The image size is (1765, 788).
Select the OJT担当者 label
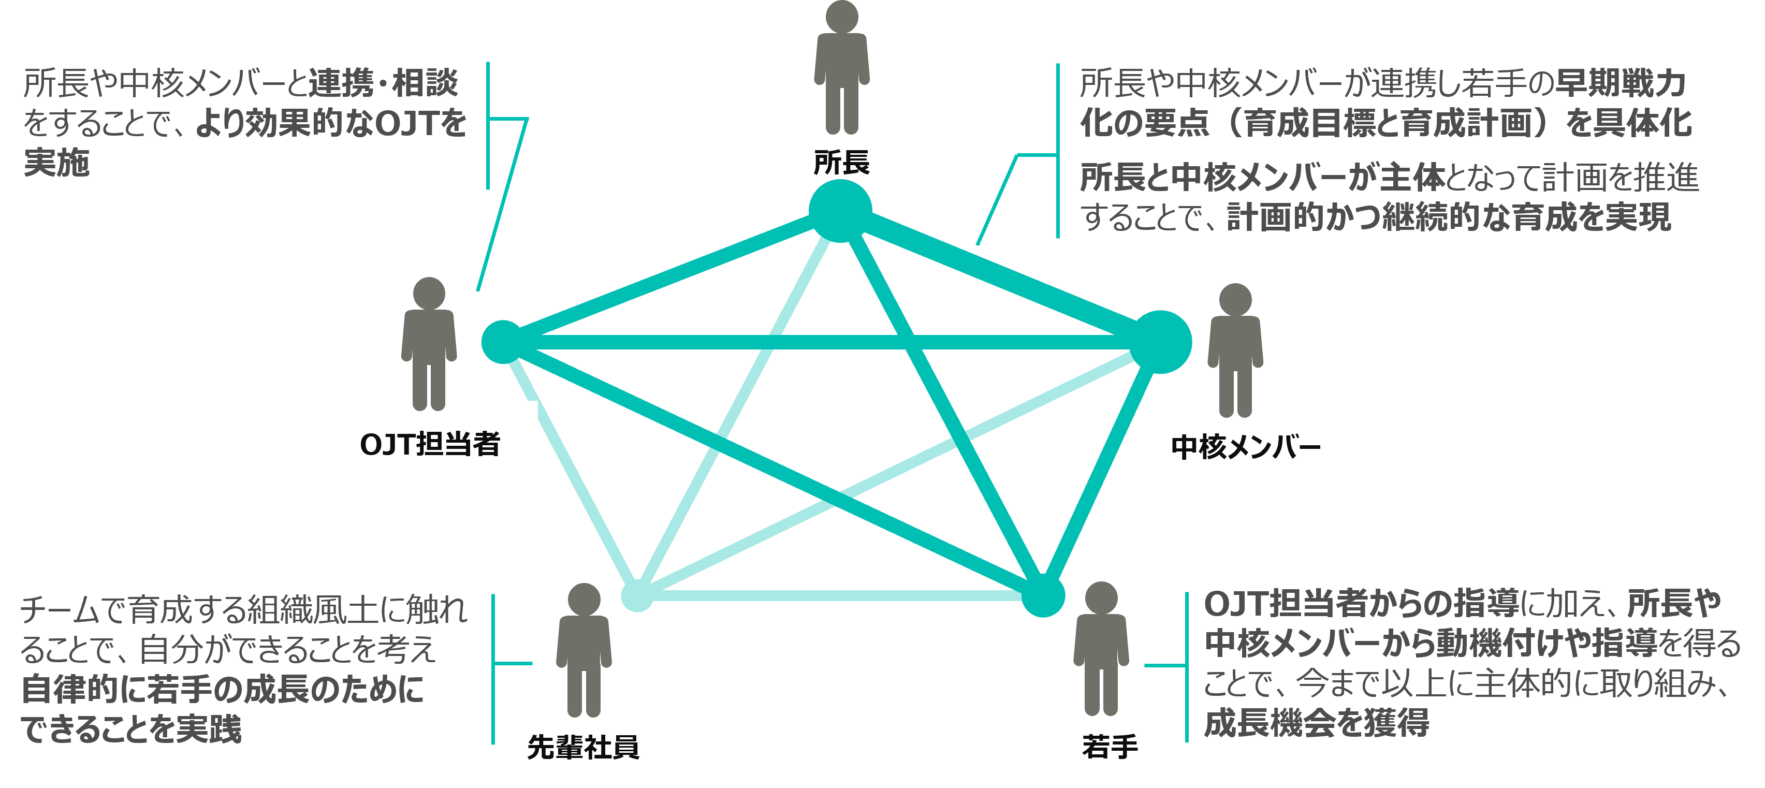tap(430, 444)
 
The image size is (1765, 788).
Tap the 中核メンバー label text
tap(1245, 447)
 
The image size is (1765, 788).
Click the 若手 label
tap(1110, 746)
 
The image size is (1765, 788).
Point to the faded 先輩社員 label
tap(583, 747)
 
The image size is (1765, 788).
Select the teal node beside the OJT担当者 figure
tap(503, 341)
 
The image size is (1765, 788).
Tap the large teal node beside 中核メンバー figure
tap(1160, 342)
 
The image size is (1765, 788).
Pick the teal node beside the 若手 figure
tap(1043, 595)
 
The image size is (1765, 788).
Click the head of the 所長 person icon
tap(841, 17)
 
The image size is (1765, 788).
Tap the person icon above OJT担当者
tap(429, 343)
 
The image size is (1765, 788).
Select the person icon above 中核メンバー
tap(1235, 349)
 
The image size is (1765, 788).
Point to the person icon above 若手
tap(1100, 648)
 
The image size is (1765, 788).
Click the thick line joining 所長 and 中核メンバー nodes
tap(1000, 276)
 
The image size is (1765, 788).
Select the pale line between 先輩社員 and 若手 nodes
tap(839, 595)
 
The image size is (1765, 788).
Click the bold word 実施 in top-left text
tap(57, 163)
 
